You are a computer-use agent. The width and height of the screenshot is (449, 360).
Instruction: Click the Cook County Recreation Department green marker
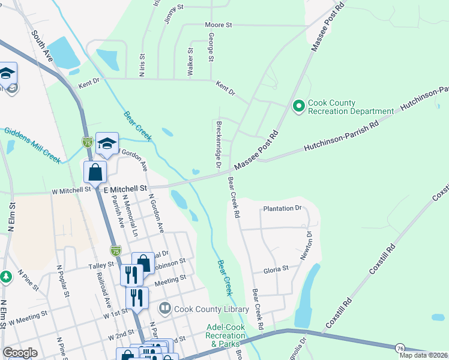298,107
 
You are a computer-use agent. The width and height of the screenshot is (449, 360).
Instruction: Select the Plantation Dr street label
282,209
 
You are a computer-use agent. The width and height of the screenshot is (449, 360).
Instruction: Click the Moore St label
218,25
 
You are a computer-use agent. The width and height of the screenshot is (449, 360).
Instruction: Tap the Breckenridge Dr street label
218,144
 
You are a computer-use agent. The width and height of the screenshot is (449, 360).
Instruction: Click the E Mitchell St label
125,188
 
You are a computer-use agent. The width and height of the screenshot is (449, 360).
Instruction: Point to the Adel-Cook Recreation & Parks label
223,335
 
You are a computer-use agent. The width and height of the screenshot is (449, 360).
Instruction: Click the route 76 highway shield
400,348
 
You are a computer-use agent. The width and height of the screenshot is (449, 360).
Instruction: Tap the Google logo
20,353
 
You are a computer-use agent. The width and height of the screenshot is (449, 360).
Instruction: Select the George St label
211,47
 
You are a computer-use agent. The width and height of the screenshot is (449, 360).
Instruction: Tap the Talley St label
101,265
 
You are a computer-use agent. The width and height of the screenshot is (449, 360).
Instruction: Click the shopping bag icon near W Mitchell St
95,172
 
